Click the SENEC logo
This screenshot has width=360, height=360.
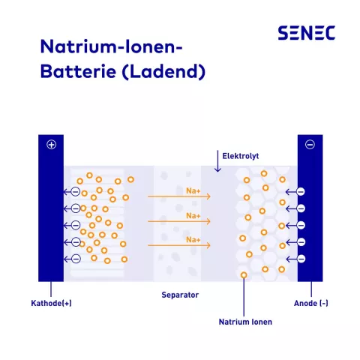coord(306,33)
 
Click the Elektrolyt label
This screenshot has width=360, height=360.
coord(240,156)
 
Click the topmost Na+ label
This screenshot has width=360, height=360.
coord(193,190)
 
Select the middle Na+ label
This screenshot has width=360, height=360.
coord(193,215)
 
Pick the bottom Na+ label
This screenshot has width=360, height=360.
coord(193,240)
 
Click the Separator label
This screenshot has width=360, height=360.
coord(180,295)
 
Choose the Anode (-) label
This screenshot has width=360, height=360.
coord(310,304)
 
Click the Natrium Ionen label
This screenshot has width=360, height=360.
coord(245,322)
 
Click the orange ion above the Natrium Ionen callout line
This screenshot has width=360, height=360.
coord(244,275)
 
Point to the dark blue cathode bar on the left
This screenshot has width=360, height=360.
coord(51,217)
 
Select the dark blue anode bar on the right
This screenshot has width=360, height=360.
coord(310,217)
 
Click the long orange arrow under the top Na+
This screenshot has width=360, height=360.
coord(179,197)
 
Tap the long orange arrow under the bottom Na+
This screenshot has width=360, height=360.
coord(179,246)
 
